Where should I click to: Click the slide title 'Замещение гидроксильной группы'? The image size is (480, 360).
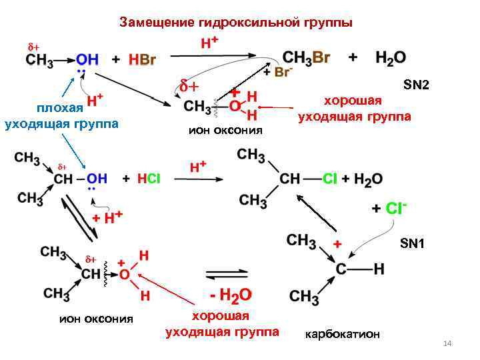(x=236, y=23)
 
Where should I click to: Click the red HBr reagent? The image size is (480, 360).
(x=142, y=60)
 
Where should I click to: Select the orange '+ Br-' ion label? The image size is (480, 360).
(x=277, y=72)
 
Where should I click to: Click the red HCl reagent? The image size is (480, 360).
(x=149, y=179)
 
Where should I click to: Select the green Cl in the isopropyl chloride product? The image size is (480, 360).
(x=330, y=179)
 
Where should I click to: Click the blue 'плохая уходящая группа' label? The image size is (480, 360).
(x=61, y=115)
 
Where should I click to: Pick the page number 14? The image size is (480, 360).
(x=447, y=343)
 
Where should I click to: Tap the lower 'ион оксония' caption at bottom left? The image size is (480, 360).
(x=96, y=319)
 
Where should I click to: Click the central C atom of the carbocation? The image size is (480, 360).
(x=341, y=269)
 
